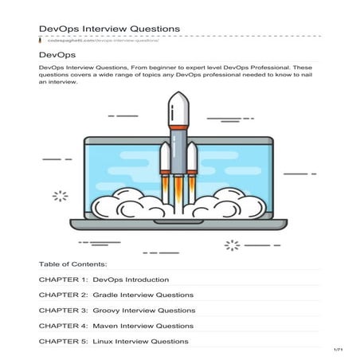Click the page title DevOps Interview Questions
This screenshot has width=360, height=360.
pyautogui.click(x=109, y=29)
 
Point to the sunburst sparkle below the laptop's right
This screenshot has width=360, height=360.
pyautogui.click(x=232, y=245)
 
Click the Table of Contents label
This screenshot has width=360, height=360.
pyautogui.click(x=72, y=263)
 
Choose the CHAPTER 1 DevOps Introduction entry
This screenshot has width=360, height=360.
pyautogui.click(x=104, y=280)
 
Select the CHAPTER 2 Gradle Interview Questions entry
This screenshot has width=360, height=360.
pyautogui.click(x=116, y=295)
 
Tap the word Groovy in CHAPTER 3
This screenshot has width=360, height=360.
pyautogui.click(x=108, y=311)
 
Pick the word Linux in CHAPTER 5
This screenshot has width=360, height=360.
pyautogui.click(x=104, y=341)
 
